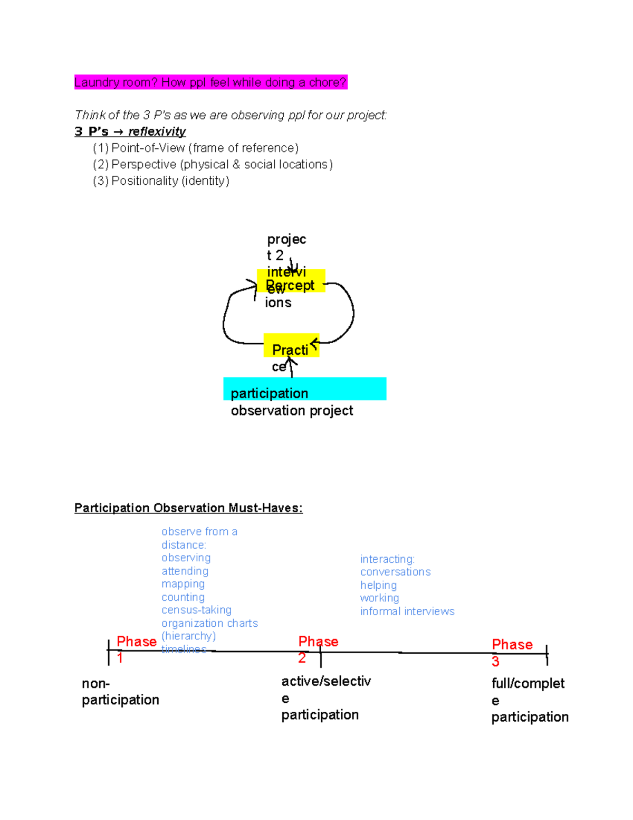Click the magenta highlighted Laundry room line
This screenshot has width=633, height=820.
(x=210, y=82)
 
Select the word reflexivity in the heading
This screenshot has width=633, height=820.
(x=157, y=131)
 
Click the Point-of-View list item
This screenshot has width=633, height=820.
(x=196, y=148)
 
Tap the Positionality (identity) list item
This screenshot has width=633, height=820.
(x=161, y=181)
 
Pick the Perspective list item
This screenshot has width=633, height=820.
(x=213, y=164)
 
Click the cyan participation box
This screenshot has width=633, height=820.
(x=304, y=389)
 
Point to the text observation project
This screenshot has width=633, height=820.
(x=292, y=411)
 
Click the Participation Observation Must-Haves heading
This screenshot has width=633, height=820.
(x=188, y=508)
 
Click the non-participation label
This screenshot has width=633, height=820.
(x=120, y=692)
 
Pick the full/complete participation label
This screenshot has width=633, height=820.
(x=529, y=700)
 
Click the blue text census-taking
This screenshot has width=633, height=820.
(x=196, y=610)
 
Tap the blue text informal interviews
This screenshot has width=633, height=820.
(x=407, y=611)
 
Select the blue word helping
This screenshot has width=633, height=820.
(x=378, y=585)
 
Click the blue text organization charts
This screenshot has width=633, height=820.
(x=209, y=623)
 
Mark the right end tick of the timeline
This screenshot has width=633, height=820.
(x=547, y=654)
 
